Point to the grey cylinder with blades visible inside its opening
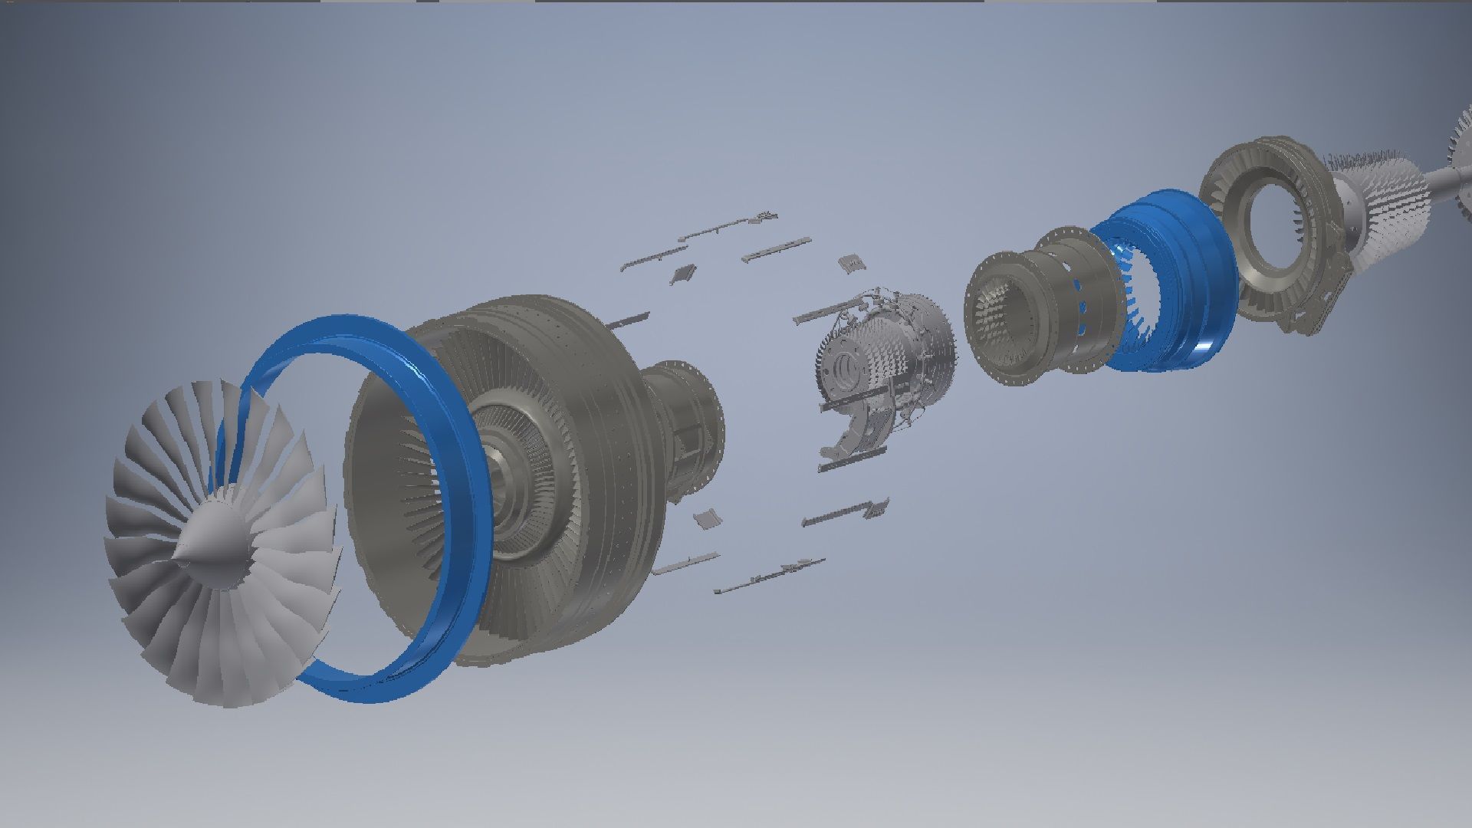tap(1001, 322)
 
